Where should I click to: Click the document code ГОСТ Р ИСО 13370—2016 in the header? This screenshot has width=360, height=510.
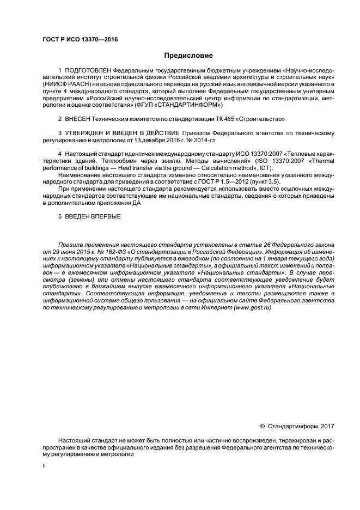pyautogui.click(x=80, y=39)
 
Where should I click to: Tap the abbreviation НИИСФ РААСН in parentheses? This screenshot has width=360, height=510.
pyautogui.click(x=66, y=85)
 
